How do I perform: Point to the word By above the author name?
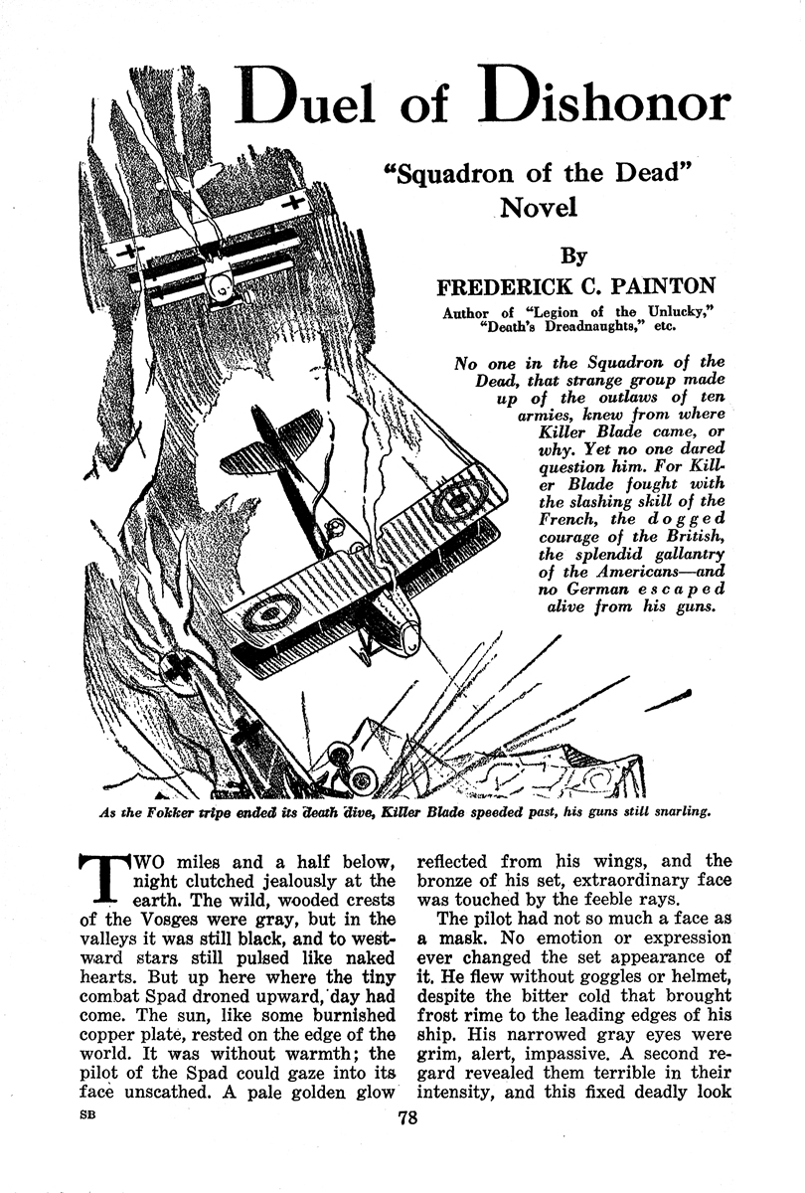(x=572, y=256)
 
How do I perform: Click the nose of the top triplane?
(x=224, y=288)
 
